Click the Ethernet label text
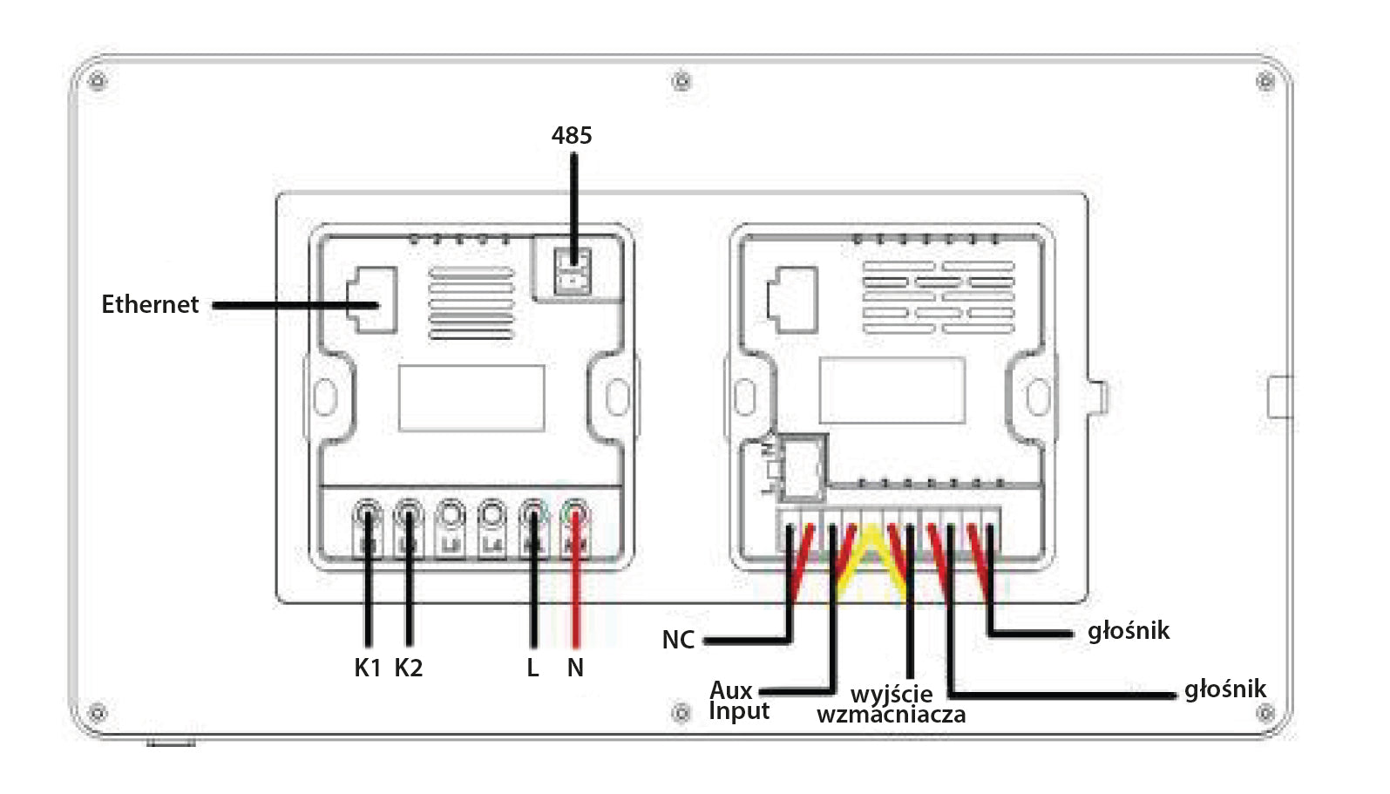(x=150, y=304)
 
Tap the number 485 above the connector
(x=572, y=135)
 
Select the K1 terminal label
(x=368, y=668)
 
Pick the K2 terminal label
(x=409, y=668)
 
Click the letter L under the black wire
(x=532, y=668)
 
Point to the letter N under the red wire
(x=575, y=668)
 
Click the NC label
(x=678, y=640)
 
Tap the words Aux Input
(x=738, y=701)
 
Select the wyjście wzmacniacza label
(x=892, y=704)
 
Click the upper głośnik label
(x=1129, y=631)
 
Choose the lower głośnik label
(x=1224, y=689)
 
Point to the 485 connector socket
(x=573, y=270)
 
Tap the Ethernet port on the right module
(x=792, y=300)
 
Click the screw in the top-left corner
(x=98, y=82)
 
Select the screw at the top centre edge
(x=682, y=82)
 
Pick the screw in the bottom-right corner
(x=1265, y=714)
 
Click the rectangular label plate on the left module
(x=471, y=398)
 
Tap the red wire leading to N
(x=575, y=601)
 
